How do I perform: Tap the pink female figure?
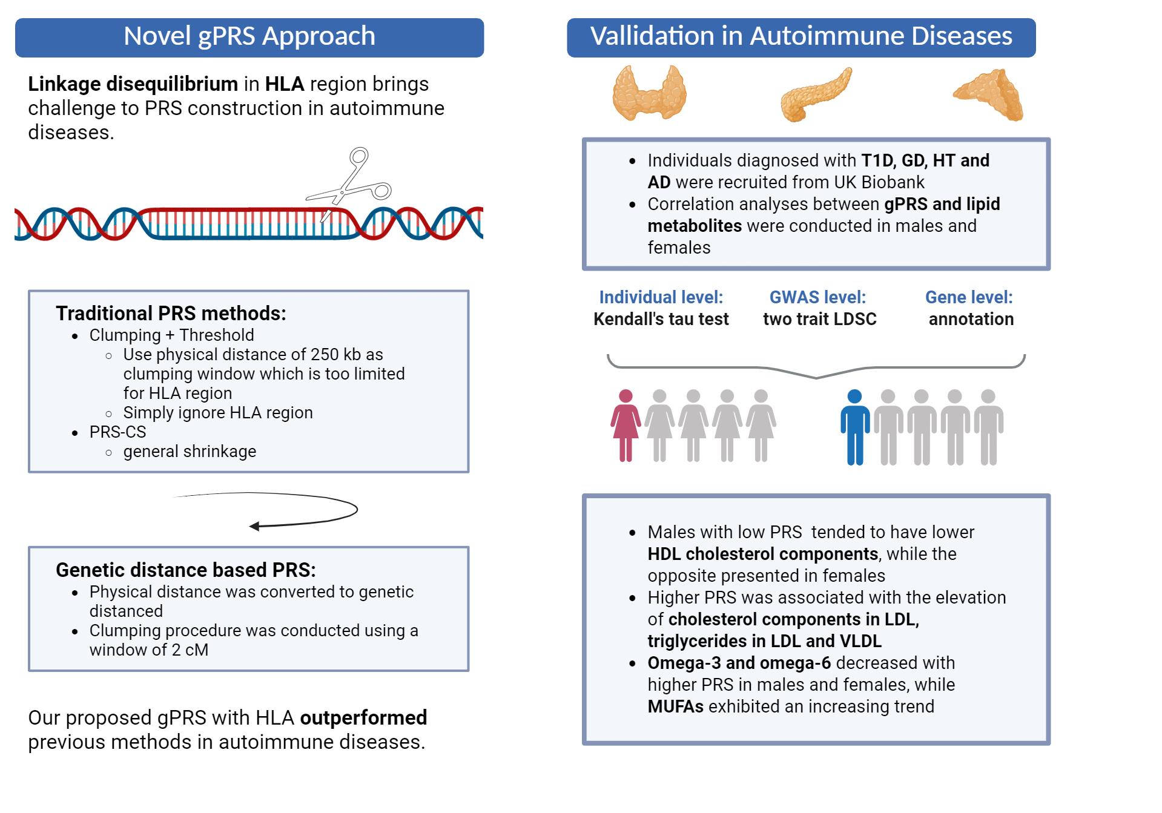coord(626,426)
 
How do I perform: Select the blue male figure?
coord(854,427)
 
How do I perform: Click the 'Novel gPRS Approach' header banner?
coord(249,37)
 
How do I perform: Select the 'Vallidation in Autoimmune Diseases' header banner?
coord(801,37)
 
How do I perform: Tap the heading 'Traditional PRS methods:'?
coord(171,314)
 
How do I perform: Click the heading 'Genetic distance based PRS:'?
coord(185,570)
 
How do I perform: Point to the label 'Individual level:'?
coord(661,297)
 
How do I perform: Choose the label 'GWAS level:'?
coord(817,297)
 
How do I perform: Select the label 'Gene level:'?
coord(969,297)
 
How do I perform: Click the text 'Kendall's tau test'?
coord(661,319)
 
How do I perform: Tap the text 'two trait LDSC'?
coord(819,319)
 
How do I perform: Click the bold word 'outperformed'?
coord(363,717)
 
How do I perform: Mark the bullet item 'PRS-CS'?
coord(117,432)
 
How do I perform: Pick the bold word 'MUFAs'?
coord(675,706)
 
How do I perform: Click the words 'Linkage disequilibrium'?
coord(133,84)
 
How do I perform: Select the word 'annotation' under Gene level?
coord(971,319)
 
